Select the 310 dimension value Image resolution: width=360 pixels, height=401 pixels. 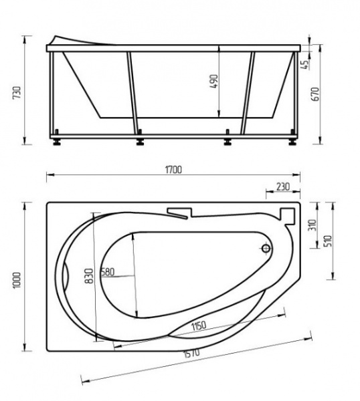(x=310, y=225)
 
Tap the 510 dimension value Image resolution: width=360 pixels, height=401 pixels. (x=329, y=240)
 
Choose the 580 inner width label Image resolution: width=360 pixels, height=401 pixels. (x=107, y=272)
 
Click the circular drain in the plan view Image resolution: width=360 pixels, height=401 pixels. (x=266, y=249)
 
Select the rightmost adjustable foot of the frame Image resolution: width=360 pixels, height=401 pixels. (x=292, y=142)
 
